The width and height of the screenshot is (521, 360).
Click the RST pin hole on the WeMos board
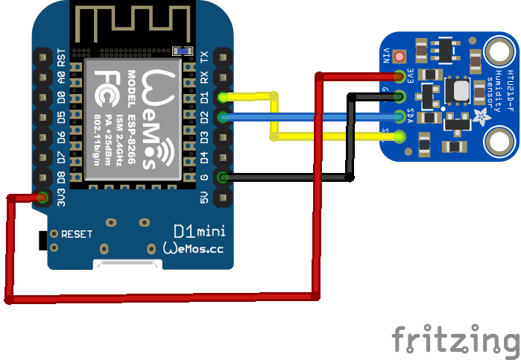[x=42, y=57]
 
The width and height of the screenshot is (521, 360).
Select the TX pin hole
[x=222, y=57]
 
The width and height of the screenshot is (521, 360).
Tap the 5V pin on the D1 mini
[x=222, y=198]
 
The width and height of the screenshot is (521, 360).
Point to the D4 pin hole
[x=222, y=157]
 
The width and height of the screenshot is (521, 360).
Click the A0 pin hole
[x=42, y=77]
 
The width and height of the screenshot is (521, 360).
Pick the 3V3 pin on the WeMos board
[x=42, y=198]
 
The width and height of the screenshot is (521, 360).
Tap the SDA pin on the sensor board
[x=401, y=116]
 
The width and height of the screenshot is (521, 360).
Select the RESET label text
[x=77, y=234]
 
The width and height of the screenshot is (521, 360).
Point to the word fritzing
[x=455, y=339]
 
